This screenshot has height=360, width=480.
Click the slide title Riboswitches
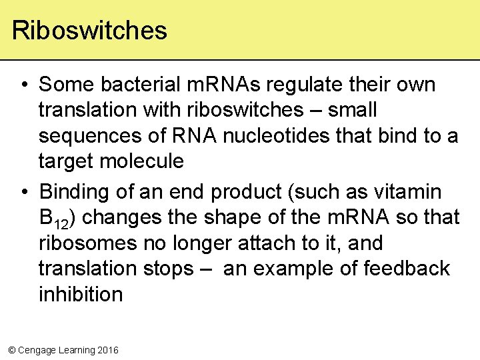point(89,31)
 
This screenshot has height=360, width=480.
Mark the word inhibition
point(81,294)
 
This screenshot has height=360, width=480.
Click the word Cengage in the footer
point(39,350)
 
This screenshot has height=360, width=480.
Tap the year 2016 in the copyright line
point(107,350)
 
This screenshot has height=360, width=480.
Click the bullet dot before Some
point(24,85)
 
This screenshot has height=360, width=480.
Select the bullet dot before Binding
point(24,193)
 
